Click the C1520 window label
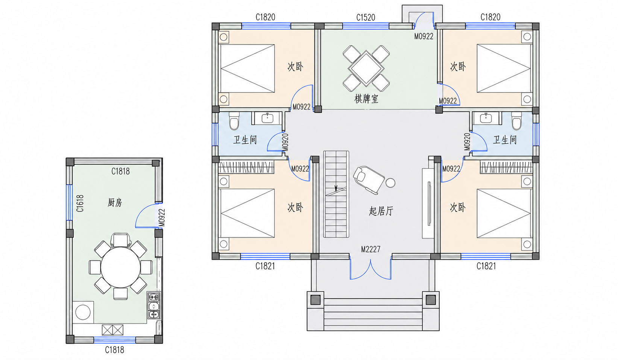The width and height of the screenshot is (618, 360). tap(366, 17)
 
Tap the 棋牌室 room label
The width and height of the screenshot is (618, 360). tap(366, 99)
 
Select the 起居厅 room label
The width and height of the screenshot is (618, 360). tap(381, 211)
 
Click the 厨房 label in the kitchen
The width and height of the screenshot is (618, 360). tap(115, 203)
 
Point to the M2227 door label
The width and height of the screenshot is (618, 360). tap(370, 249)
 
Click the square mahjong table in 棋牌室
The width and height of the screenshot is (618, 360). tap(366, 68)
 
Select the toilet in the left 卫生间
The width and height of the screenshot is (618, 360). tap(234, 120)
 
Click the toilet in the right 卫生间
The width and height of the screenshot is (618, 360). tap(516, 120)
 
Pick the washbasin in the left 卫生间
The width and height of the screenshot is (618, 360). tap(267, 118)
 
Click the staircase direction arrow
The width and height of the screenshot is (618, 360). tap(336, 188)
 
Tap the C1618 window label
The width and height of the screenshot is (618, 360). tap(80, 203)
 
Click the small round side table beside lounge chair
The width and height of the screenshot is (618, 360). tap(390, 182)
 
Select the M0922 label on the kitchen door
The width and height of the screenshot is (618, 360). tap(162, 218)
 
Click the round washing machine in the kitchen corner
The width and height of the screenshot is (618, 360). tap(83, 312)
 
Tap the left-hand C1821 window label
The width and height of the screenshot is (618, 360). tap(265, 266)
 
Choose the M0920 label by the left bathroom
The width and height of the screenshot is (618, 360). tap(285, 142)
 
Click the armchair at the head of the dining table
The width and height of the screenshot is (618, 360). tap(121, 240)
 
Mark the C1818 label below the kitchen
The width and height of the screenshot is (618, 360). tap(114, 350)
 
